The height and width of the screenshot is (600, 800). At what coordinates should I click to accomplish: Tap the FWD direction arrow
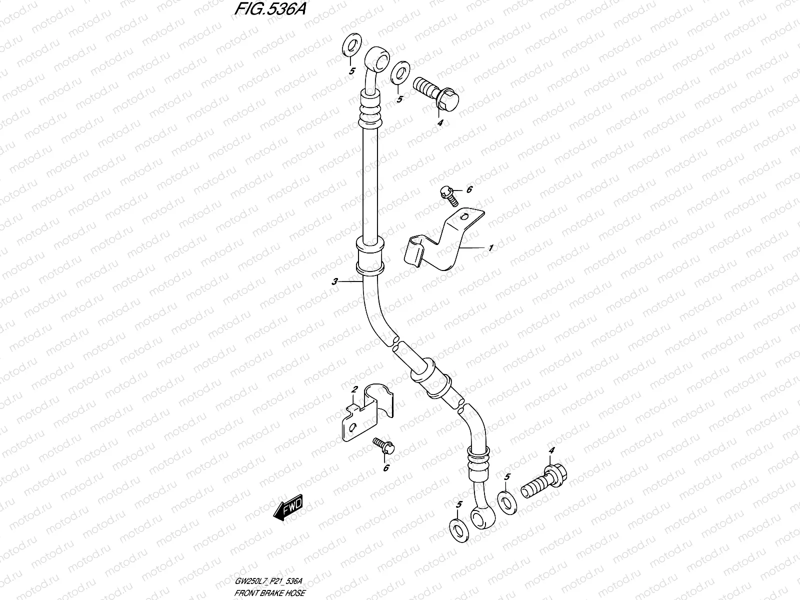[288, 511]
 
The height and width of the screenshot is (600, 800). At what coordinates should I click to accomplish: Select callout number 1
[491, 247]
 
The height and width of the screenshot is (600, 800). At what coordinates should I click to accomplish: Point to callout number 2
[353, 389]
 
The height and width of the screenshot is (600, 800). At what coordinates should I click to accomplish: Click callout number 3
[334, 282]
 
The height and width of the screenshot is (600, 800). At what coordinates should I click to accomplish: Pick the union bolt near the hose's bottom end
[540, 483]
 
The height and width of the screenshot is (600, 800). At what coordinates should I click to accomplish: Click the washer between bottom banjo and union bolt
[506, 501]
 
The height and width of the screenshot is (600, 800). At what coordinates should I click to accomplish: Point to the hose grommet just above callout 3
[369, 256]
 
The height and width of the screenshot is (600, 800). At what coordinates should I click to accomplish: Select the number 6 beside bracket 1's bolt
[469, 189]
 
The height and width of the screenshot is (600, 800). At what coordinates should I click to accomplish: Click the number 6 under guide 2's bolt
[385, 468]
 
